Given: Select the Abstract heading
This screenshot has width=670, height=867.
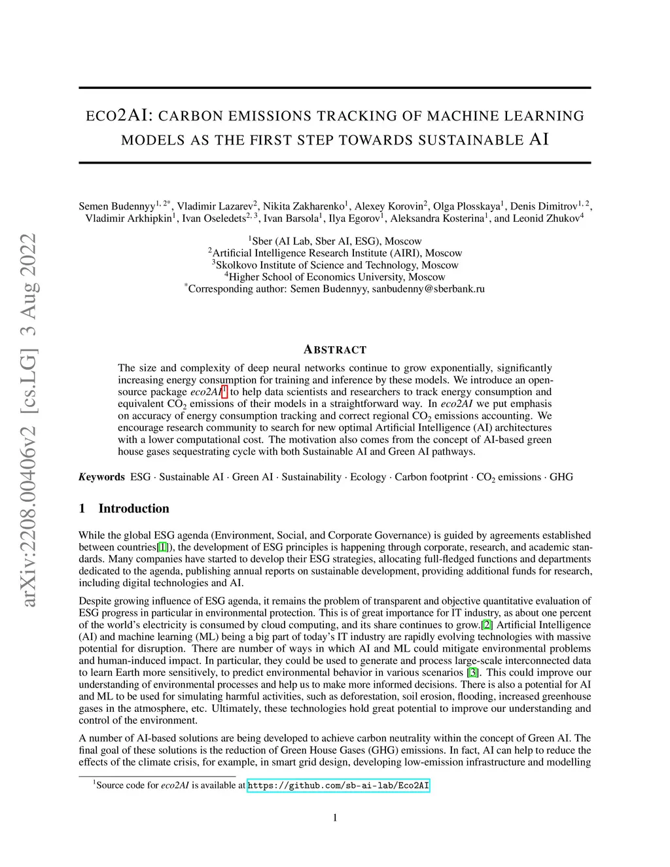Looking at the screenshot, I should point(335,349).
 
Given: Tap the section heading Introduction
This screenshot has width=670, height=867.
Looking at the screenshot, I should point(133,508).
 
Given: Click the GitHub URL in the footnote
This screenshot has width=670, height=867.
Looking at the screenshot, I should point(338,785).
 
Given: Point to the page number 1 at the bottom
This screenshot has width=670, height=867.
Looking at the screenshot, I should point(335,817).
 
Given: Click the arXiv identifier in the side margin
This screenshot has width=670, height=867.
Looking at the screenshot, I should point(29,419).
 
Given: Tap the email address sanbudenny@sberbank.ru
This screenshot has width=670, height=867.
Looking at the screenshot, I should point(429,289).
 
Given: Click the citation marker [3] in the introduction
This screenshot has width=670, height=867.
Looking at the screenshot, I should point(472,673).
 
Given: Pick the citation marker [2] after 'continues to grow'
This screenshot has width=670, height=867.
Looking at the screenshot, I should point(487,625).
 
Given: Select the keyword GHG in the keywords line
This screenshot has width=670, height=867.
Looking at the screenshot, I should point(561,477).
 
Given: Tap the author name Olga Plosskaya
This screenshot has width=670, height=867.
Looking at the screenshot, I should point(467,207).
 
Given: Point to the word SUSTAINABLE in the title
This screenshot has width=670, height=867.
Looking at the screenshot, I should point(471,140).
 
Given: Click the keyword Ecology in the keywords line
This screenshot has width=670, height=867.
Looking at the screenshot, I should point(368,477).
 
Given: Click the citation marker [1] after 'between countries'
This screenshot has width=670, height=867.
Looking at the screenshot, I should point(163,547).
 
